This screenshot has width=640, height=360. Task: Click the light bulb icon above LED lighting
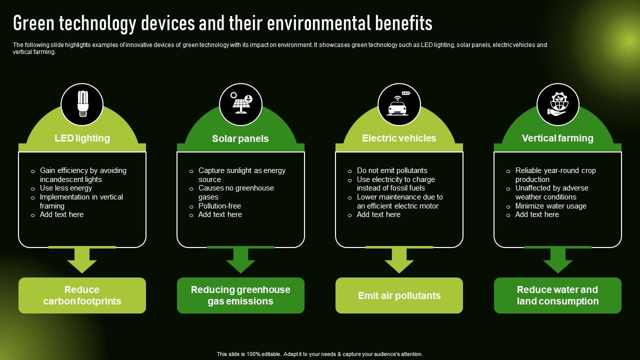pyautogui.click(x=82, y=104)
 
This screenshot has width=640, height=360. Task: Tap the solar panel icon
pyautogui.click(x=240, y=104)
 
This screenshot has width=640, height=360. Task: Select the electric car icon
pyautogui.click(x=399, y=104)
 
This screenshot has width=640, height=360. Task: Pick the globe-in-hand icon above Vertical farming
pyautogui.click(x=557, y=104)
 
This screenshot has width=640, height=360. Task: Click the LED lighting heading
pyautogui.click(x=82, y=138)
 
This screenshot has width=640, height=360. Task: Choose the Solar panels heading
pyautogui.click(x=240, y=138)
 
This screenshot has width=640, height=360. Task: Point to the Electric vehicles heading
pyautogui.click(x=399, y=138)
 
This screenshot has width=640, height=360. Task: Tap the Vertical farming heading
pyautogui.click(x=557, y=138)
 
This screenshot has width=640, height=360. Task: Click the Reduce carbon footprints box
pyautogui.click(x=82, y=295)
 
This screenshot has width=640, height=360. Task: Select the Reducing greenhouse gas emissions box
pyautogui.click(x=240, y=295)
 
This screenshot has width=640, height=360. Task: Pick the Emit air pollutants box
pyautogui.click(x=399, y=295)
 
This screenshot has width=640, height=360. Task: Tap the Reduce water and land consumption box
pyautogui.click(x=557, y=295)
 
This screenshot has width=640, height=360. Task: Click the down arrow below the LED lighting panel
pyautogui.click(x=82, y=260)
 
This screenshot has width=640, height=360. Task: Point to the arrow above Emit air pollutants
pyautogui.click(x=399, y=260)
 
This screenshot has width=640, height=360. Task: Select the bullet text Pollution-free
pyautogui.click(x=219, y=206)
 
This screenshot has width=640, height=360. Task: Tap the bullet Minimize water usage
pyautogui.click(x=550, y=206)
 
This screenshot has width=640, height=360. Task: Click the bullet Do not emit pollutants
pyautogui.click(x=392, y=170)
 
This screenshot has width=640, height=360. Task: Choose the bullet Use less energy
pyautogui.click(x=66, y=188)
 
